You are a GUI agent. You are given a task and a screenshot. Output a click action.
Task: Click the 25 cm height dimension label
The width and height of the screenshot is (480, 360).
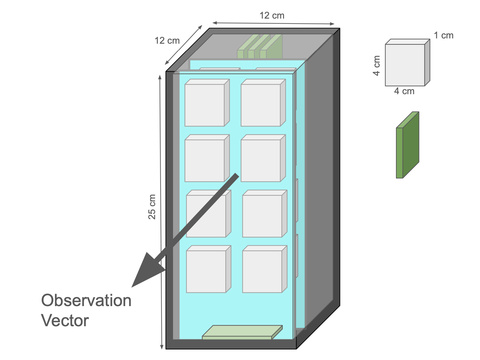pyautogui.click(x=152, y=207)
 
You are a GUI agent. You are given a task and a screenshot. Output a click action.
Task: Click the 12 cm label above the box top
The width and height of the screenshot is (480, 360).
pyautogui.click(x=272, y=15)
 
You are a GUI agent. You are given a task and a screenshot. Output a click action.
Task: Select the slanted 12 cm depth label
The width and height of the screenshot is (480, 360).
pyautogui.click(x=167, y=41)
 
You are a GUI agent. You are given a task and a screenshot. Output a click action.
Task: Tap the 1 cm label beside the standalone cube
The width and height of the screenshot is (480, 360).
pyautogui.click(x=443, y=36)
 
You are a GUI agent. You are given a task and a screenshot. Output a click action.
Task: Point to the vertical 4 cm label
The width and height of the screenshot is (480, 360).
pyautogui.click(x=376, y=65)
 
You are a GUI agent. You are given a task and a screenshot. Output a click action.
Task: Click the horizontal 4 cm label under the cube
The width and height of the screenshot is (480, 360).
pyautogui.click(x=404, y=91)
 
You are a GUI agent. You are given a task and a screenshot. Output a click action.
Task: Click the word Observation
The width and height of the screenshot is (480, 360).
pyautogui.click(x=86, y=301)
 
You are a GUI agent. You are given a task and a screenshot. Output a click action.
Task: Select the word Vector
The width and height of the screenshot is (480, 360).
pyautogui.click(x=65, y=321)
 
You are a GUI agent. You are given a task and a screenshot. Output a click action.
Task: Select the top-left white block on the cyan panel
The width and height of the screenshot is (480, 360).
pyautogui.click(x=205, y=105)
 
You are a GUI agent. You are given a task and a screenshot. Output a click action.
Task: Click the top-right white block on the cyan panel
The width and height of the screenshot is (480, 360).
pyautogui.click(x=261, y=105)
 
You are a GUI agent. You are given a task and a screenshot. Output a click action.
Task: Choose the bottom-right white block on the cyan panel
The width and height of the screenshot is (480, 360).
pyautogui.click(x=262, y=271)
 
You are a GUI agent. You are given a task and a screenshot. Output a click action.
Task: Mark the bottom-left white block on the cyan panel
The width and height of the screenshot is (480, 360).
pyautogui.click(x=206, y=271)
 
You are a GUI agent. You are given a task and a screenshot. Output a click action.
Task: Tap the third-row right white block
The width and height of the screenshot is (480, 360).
pyautogui.click(x=262, y=216)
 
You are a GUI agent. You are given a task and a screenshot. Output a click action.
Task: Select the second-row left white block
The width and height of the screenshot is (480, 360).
pyautogui.click(x=205, y=160)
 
